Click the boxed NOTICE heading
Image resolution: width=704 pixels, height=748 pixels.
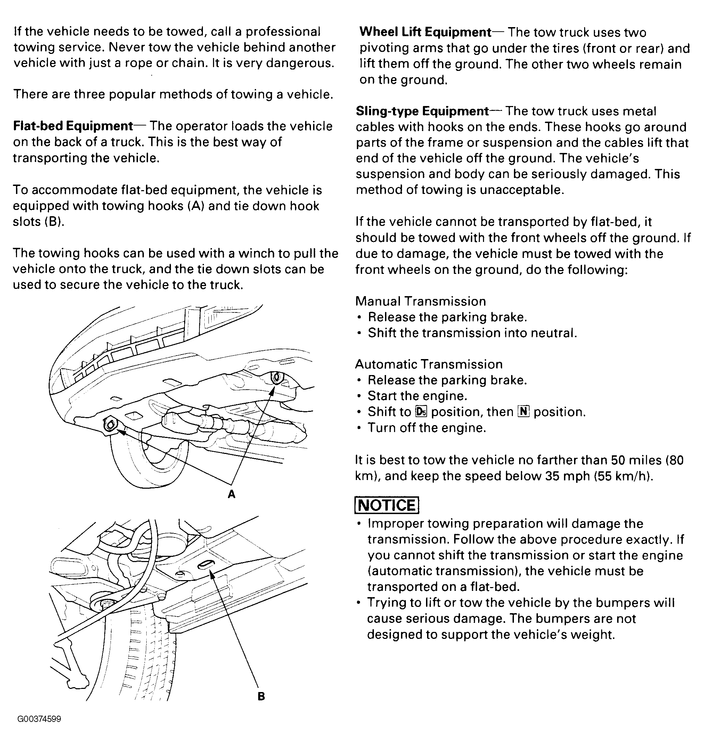click(x=387, y=505)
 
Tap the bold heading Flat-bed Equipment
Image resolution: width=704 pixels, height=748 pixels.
click(x=73, y=126)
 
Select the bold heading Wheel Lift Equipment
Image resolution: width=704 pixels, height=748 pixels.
click(x=425, y=32)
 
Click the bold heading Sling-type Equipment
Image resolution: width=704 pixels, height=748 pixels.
click(x=422, y=111)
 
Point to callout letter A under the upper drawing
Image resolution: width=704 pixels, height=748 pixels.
click(x=232, y=494)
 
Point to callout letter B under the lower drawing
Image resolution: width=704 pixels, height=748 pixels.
click(x=261, y=697)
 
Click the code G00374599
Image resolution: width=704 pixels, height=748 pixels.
click(x=39, y=719)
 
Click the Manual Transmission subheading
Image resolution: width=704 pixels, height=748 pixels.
click(x=420, y=301)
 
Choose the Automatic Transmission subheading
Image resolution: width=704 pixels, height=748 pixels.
click(x=429, y=364)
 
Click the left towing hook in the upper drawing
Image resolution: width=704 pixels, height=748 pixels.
click(x=110, y=425)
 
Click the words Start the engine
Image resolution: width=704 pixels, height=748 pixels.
click(x=417, y=396)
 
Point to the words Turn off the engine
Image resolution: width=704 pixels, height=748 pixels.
click(x=427, y=428)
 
